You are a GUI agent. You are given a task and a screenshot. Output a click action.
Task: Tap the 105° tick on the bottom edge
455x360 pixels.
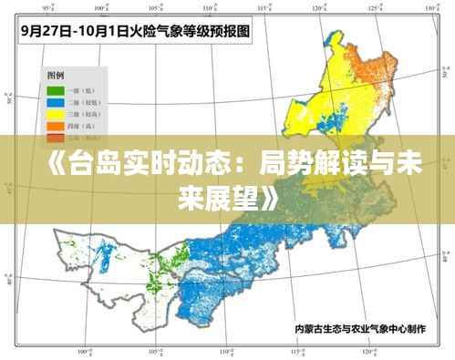(162, 351)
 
